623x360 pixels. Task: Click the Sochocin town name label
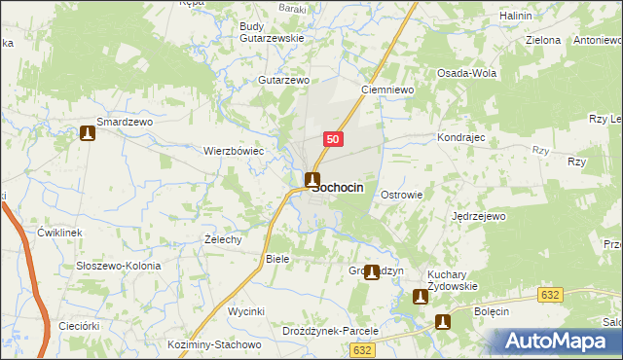[x=341, y=189]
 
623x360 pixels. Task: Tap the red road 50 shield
[x=333, y=139]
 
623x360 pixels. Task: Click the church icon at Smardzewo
[x=89, y=133]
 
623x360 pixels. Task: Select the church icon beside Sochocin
[x=311, y=179]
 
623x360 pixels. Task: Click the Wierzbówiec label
[x=234, y=152]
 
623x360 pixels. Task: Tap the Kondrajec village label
[x=461, y=138]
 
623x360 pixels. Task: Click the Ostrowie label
[x=401, y=195]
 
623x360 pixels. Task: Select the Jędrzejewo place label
[x=480, y=216]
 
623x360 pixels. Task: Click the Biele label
[x=278, y=260]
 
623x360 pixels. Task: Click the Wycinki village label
[x=246, y=311]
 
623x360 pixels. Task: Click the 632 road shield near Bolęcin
[x=552, y=293]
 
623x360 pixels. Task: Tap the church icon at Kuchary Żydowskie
[x=421, y=297]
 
